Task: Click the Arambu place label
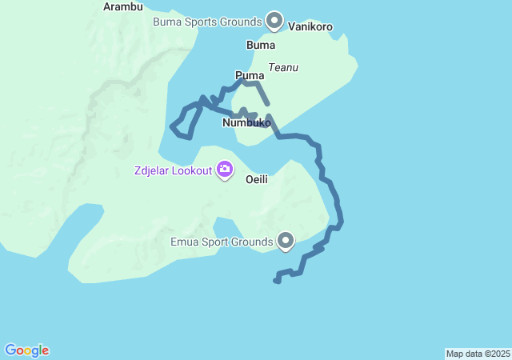coord(123,6)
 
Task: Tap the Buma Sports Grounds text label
coord(207,21)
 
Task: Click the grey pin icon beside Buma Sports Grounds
coord(274,19)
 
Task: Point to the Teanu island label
coord(283,67)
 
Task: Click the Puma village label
coord(250,75)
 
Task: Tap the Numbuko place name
coord(246,123)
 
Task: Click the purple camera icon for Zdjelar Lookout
coord(225,169)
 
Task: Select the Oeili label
coord(256,179)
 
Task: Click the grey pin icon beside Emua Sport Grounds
coord(286,239)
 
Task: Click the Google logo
coord(26,350)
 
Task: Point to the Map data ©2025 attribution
coord(478,354)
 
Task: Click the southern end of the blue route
coord(277,281)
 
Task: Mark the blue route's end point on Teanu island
coord(266,103)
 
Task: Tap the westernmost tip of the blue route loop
coord(172,126)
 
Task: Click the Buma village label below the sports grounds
coord(261,46)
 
